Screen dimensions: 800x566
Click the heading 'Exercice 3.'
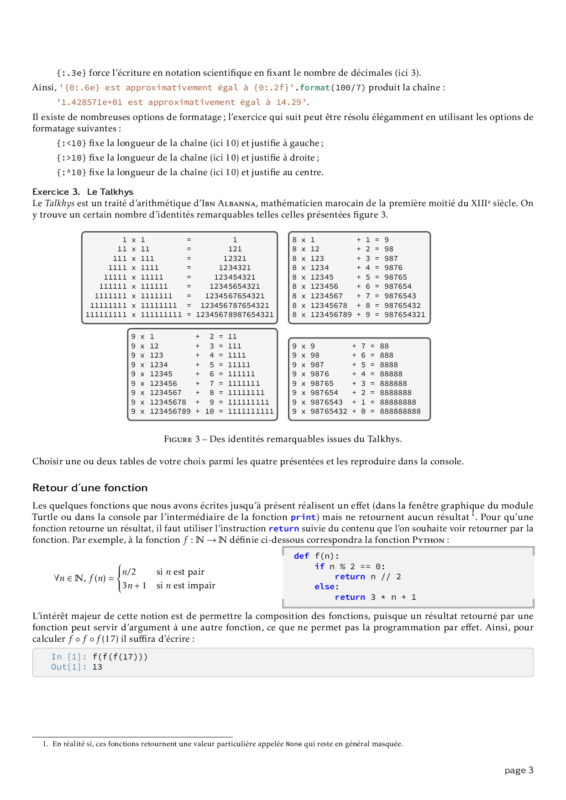56,192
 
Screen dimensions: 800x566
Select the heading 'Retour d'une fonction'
90,488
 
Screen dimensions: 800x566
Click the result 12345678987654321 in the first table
235,315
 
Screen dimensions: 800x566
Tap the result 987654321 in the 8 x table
404,315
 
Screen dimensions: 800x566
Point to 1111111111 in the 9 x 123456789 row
251,411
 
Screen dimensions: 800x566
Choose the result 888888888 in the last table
400,411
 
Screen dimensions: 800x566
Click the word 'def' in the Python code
301,556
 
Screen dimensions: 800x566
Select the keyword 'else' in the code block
325,587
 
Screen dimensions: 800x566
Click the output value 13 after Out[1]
97,667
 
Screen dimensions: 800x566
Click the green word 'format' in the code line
314,88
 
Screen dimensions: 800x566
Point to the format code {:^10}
71,172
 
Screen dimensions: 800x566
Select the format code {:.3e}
71,73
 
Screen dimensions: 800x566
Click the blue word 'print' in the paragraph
303,517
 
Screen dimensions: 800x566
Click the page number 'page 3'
519,770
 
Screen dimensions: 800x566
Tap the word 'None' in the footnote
294,744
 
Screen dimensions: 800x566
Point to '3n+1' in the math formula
134,586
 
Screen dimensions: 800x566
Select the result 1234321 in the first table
235,268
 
